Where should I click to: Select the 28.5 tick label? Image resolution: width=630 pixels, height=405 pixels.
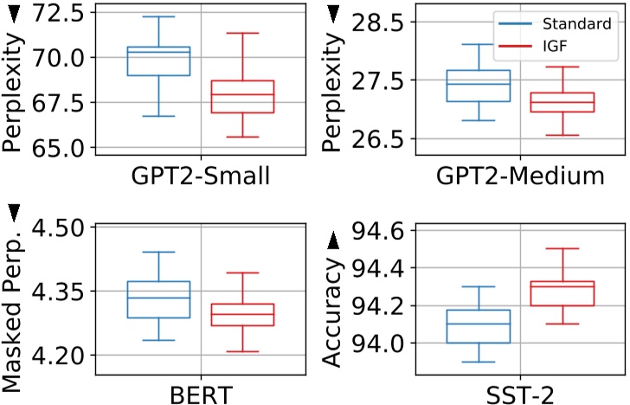pos(380,22)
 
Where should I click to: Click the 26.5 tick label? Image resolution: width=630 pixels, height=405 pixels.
pos(380,138)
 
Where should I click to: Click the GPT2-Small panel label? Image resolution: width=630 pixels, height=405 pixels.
pos(201,177)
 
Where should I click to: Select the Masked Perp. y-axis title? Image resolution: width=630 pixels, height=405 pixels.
pos(16,307)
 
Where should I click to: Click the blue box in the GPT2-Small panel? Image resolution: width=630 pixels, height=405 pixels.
pos(158,61)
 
